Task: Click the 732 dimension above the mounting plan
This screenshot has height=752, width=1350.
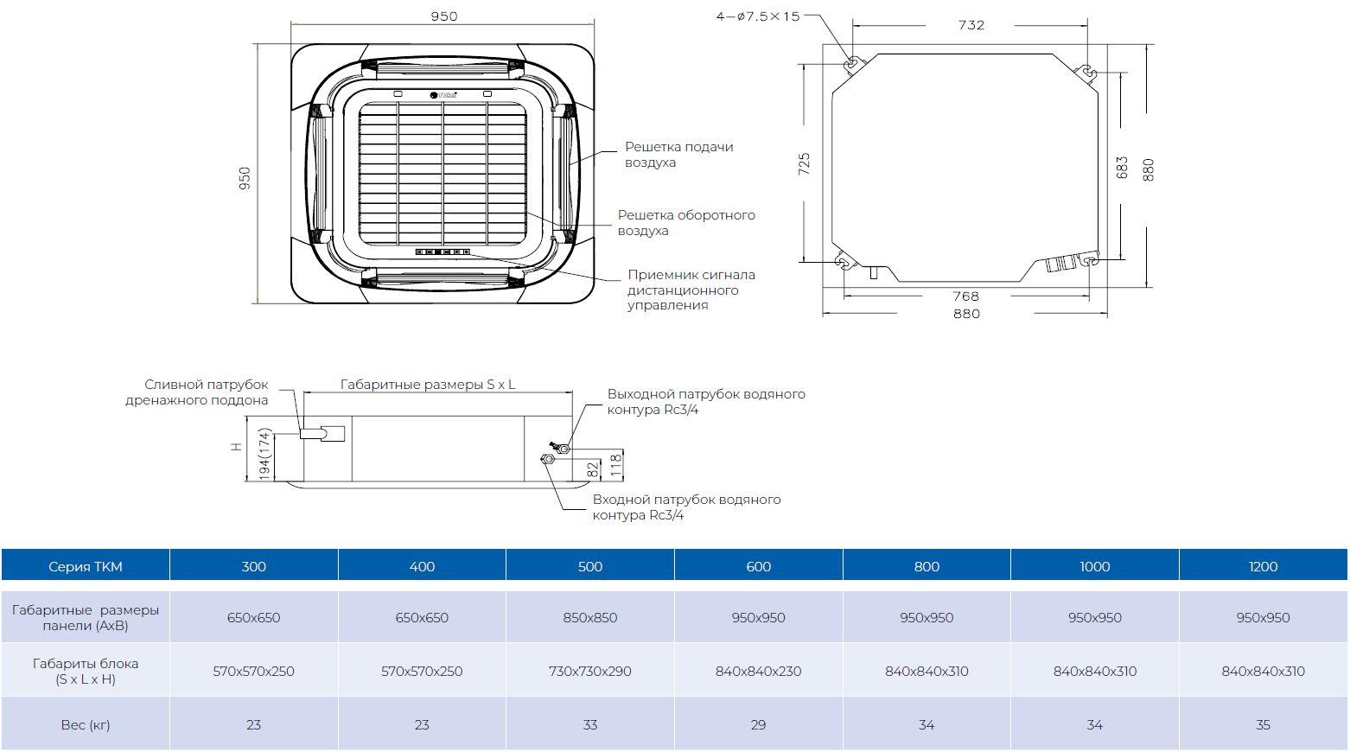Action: point(971,25)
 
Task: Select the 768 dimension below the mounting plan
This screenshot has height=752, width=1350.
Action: point(965,296)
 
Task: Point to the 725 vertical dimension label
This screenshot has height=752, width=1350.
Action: point(804,163)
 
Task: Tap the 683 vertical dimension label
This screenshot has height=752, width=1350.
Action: point(1122,167)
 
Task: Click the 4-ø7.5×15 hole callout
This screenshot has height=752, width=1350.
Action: point(758,16)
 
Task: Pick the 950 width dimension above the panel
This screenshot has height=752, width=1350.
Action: point(444,16)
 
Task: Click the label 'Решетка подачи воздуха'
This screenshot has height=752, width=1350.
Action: point(678,155)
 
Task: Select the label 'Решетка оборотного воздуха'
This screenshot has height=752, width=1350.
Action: point(685,222)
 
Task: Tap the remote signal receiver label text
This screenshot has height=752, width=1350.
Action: point(691,290)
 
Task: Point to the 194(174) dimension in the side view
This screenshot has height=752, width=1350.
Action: point(264,454)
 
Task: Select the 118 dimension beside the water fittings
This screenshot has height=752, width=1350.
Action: point(615,465)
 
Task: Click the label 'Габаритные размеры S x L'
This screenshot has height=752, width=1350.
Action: point(427,385)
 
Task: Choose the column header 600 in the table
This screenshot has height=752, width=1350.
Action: point(758,566)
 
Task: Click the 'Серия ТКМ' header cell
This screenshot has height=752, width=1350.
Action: point(85,566)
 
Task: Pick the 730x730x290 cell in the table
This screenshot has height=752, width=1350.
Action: point(589,671)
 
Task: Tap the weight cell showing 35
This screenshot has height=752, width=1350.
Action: point(1262,724)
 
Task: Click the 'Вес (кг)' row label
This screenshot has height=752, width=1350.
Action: point(85,724)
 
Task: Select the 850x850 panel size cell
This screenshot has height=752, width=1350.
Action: point(589,617)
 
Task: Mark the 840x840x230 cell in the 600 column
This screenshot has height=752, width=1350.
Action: point(758,671)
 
